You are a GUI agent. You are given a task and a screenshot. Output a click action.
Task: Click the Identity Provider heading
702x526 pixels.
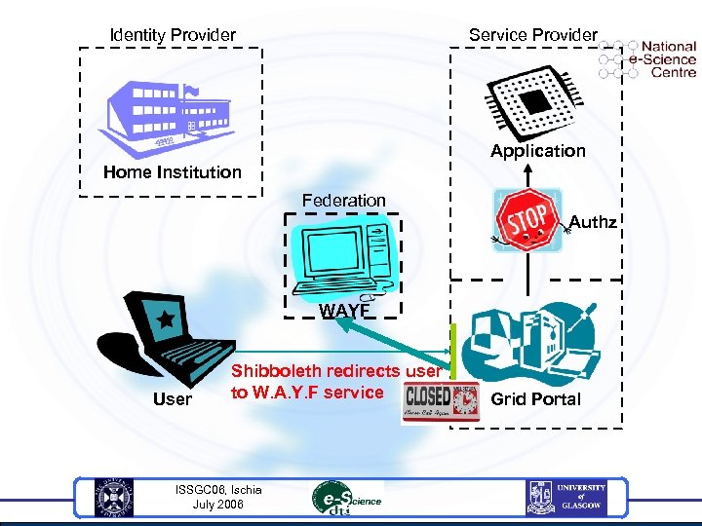[173, 35]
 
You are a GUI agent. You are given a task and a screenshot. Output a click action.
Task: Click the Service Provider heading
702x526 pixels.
[532, 35]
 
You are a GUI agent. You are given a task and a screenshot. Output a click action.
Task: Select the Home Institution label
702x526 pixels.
[173, 172]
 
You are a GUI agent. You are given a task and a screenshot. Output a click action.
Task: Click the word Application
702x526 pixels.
[538, 151]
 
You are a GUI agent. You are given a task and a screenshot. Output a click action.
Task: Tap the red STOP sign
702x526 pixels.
[526, 219]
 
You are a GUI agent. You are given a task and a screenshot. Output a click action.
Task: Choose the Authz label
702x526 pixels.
[593, 222]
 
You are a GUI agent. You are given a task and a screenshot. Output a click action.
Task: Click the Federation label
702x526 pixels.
[343, 201]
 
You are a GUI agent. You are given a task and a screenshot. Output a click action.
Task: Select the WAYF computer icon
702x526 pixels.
[346, 255]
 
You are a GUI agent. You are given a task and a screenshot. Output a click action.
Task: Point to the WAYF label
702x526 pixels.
[343, 312]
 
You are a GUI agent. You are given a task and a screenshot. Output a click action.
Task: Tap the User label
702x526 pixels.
[173, 399]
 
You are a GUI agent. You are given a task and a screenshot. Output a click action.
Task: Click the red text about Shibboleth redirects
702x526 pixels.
[335, 382]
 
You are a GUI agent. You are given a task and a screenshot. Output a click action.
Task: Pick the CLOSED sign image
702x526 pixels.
[441, 402]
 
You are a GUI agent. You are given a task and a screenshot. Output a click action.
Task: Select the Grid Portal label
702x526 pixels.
[535, 399]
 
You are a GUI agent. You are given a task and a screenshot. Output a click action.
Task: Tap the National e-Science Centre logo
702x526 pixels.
[648, 58]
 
